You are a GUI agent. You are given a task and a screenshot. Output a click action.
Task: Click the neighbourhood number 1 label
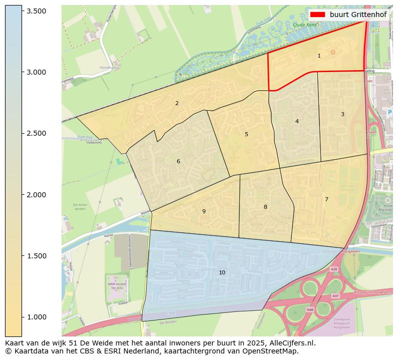point(319,56)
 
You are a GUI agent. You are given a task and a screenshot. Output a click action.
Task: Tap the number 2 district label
point(177,103)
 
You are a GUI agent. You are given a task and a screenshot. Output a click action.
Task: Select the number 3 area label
point(342,114)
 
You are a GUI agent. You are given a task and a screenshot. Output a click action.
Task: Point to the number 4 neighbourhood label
point(297,121)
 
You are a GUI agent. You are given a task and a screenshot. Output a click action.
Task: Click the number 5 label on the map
point(246,134)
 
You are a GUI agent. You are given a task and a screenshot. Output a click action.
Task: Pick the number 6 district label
point(178,161)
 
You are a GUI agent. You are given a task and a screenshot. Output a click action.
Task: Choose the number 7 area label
point(326,199)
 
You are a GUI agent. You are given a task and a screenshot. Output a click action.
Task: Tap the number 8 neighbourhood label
point(265,207)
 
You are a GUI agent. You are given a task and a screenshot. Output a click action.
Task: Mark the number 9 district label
point(204,211)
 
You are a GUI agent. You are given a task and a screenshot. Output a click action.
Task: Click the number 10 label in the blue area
point(222,272)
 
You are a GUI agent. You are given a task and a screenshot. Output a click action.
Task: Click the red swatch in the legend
point(317,15)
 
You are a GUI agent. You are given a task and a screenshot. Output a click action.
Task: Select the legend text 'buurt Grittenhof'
point(358,15)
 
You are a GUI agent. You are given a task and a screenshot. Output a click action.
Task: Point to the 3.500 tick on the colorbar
point(36,11)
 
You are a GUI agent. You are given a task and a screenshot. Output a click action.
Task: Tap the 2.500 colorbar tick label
point(36,133)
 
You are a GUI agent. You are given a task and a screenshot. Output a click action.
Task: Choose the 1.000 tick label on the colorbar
point(36,317)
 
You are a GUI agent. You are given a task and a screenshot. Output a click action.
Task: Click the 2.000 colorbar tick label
point(36,195)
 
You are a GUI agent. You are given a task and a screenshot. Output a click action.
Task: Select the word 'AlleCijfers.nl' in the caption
point(292,343)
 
